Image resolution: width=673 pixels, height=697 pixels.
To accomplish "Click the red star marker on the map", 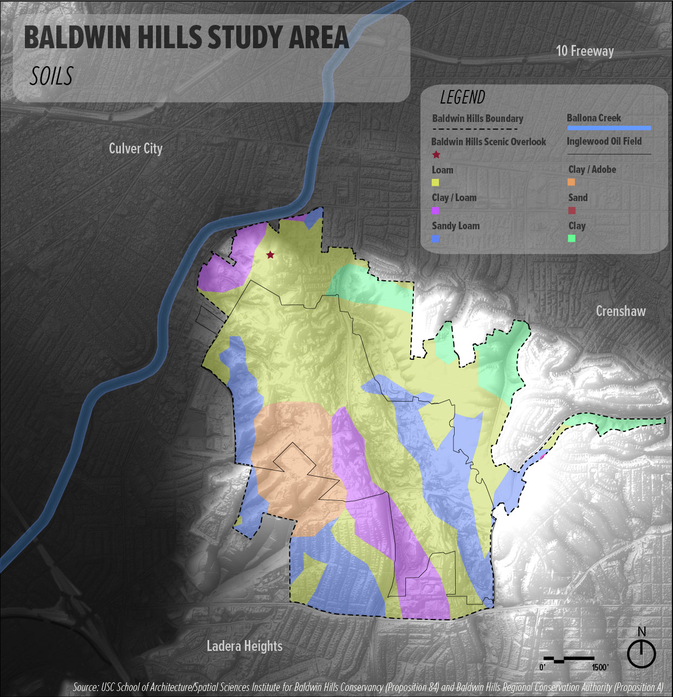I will (x=270, y=255).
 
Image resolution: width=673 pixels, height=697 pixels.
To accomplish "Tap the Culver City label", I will (x=135, y=149).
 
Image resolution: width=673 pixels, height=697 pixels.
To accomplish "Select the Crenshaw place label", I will (x=620, y=311).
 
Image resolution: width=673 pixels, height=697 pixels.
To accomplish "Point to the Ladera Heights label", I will (x=244, y=646).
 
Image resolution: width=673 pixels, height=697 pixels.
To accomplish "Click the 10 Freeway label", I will (x=585, y=51).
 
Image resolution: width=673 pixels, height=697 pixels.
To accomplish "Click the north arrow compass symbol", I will (x=642, y=653).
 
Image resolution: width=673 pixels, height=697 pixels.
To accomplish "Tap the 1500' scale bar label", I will (x=600, y=667).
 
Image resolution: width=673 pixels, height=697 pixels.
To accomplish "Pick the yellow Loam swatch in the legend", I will (x=436, y=183).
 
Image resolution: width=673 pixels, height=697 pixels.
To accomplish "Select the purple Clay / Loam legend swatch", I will (x=436, y=211).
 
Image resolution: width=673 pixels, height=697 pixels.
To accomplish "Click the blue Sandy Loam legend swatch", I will (x=436, y=239).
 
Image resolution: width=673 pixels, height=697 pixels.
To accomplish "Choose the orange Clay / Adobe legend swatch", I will (x=571, y=183).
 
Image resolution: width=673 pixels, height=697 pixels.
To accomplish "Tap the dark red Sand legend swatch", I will (x=571, y=211).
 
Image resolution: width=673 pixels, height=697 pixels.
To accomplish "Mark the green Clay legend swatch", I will (x=571, y=238).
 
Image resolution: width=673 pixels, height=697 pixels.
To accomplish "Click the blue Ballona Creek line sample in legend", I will (x=609, y=128).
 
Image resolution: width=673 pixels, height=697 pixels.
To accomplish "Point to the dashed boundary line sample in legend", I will (x=475, y=129).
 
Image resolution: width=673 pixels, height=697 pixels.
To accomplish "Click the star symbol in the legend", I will (x=436, y=155).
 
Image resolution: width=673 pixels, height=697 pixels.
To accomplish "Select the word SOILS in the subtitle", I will (x=51, y=76).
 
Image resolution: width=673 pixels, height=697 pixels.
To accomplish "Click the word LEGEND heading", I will (x=462, y=98).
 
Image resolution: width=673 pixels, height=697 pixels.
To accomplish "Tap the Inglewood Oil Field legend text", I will (x=604, y=141).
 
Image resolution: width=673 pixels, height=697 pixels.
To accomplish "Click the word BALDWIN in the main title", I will (x=79, y=38).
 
